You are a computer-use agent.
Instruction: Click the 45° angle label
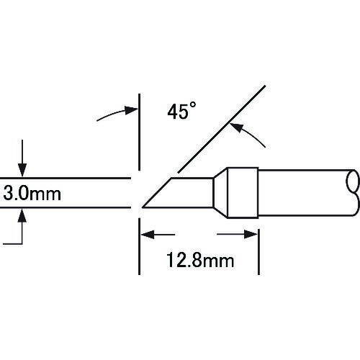point(181,111)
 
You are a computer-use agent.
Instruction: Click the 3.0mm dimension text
point(32,194)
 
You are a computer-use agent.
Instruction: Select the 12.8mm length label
point(200,260)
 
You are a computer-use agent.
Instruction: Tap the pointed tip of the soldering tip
point(143,207)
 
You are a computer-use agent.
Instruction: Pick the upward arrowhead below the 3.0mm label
point(22,215)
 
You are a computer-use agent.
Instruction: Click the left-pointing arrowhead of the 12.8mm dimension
point(147,235)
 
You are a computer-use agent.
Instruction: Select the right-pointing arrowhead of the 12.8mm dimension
point(251,234)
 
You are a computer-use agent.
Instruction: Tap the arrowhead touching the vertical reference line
point(132,110)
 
